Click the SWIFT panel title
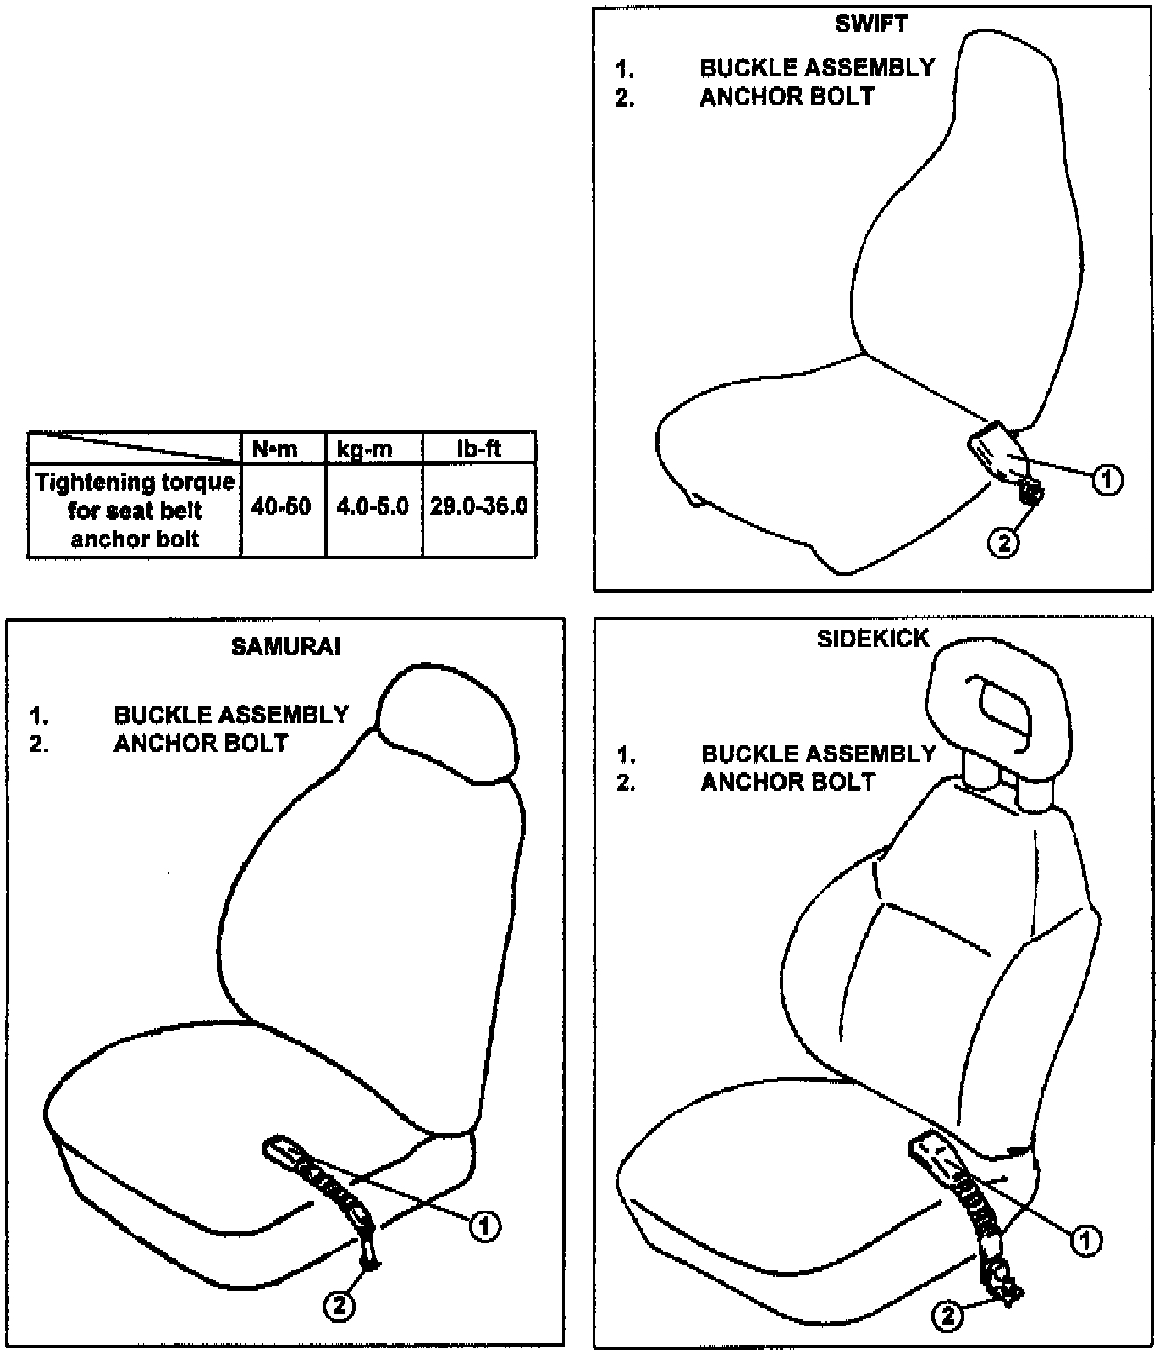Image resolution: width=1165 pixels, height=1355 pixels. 871,25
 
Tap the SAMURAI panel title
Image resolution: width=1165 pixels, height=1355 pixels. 285,647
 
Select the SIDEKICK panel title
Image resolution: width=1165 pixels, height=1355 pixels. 873,639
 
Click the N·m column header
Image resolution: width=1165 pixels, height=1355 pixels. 275,449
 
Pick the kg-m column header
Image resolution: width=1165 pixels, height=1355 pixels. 365,449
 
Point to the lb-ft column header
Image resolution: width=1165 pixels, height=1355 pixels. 478,449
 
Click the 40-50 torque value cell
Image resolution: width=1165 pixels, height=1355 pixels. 281,506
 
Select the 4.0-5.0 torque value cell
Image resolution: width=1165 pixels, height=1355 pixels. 373,506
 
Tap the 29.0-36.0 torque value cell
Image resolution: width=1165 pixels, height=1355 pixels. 478,506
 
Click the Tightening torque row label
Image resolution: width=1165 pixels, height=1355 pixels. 135,510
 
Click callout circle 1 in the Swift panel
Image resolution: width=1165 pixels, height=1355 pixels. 1107,479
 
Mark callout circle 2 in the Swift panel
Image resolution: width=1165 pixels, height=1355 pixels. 1004,541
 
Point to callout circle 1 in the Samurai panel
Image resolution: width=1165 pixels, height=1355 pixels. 484,1225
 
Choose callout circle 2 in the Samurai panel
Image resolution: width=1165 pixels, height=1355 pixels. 340,1305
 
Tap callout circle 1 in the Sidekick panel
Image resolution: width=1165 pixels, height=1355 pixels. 1086,1241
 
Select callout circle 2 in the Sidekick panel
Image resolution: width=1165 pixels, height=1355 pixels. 948,1315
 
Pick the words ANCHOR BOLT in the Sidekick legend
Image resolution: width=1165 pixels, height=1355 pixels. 787,782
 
